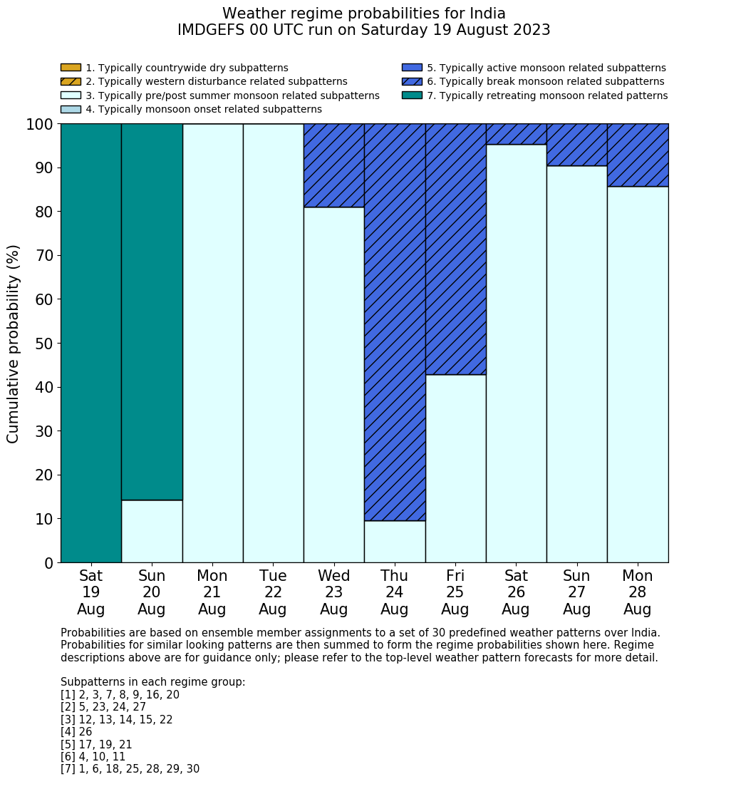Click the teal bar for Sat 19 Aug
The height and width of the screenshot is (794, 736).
91,343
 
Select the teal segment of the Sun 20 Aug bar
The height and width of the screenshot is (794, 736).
152,311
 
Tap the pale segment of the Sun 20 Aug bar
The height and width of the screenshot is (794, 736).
152,531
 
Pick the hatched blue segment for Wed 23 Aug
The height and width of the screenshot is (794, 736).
334,165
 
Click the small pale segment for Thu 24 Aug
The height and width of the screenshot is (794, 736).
395,542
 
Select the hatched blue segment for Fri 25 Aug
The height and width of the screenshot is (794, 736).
455,249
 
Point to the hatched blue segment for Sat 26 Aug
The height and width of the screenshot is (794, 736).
516,134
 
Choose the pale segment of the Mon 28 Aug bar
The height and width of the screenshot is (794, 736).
638,374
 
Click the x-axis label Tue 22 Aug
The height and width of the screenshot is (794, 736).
273,592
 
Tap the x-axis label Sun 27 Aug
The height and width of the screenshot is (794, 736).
576,592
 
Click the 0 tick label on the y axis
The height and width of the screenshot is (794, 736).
48,563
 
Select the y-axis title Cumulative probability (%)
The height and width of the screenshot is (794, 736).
14,344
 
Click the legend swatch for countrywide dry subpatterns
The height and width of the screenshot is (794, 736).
71,68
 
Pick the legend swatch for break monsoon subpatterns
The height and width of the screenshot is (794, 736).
412,81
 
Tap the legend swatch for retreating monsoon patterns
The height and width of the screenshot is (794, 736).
412,96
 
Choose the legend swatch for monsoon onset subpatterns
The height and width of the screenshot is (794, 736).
71,109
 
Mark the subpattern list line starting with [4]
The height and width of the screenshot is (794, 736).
76,732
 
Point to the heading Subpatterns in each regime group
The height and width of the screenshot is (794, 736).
152,682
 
